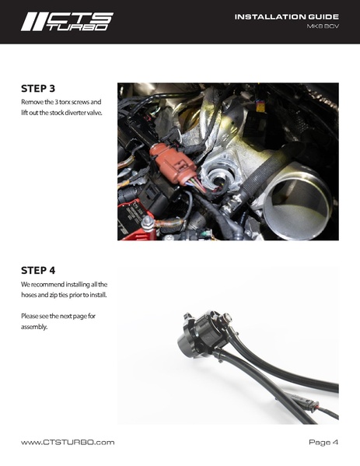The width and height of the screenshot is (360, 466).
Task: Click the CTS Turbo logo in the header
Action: [x=66, y=21]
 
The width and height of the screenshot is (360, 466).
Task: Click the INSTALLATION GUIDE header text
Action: [x=286, y=16]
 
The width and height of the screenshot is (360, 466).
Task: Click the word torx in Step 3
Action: [x=67, y=103]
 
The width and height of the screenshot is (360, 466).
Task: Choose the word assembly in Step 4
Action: [x=35, y=327]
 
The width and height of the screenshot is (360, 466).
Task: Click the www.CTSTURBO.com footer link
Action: [x=68, y=442]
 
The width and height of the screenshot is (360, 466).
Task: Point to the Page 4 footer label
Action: [x=323, y=442]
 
